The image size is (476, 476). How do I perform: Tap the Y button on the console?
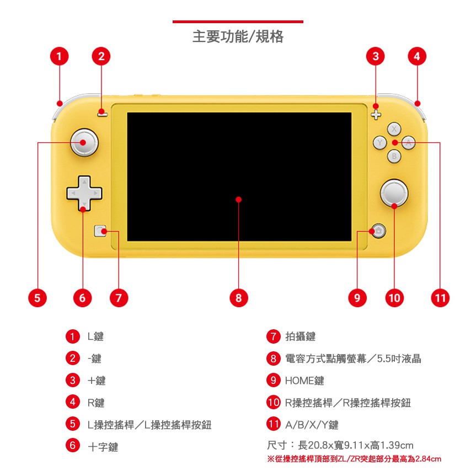coord(380,142)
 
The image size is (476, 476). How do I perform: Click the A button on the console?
coord(409,142)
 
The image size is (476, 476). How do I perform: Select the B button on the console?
coord(394,156)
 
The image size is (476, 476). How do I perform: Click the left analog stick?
coord(84,142)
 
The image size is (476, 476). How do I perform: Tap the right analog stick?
coord(394,193)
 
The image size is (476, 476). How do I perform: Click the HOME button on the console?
coord(378,231)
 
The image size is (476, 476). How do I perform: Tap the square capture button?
coord(100,231)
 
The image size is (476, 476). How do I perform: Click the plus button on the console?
coord(376,115)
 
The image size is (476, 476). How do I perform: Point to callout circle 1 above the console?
coord(59,56)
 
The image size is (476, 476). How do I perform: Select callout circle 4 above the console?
coord(417,56)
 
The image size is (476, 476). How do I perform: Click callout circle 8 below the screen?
coord(239,298)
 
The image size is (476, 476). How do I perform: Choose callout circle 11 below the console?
coord(440,298)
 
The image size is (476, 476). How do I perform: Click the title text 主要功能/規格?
coord(238,36)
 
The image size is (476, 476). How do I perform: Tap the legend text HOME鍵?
coord(304,381)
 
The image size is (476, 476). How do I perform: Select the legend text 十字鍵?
coord(103,447)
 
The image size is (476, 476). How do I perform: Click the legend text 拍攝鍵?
coord(301,336)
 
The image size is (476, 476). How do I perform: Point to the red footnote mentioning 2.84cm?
coord(354,459)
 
